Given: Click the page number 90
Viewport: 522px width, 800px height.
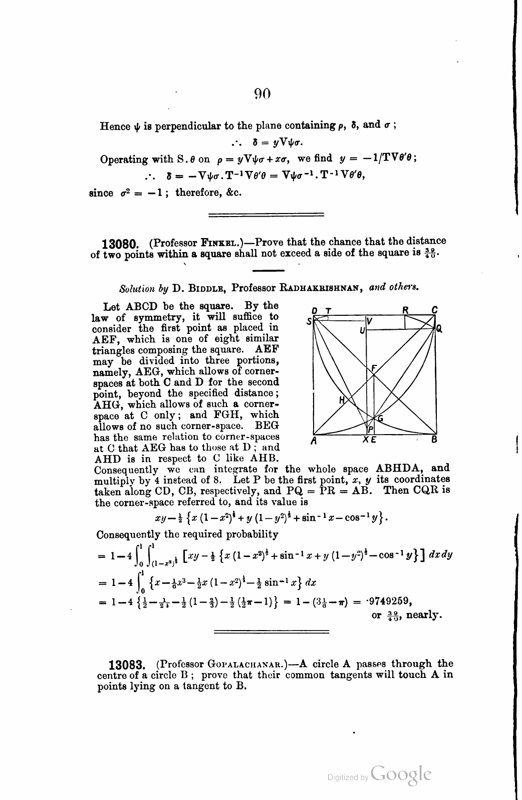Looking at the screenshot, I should [263, 93].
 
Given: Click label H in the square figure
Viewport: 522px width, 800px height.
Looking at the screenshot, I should [343, 400].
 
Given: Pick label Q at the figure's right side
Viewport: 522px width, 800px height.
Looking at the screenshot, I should [439, 329].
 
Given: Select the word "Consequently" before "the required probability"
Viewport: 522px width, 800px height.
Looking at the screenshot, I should [126, 534].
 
